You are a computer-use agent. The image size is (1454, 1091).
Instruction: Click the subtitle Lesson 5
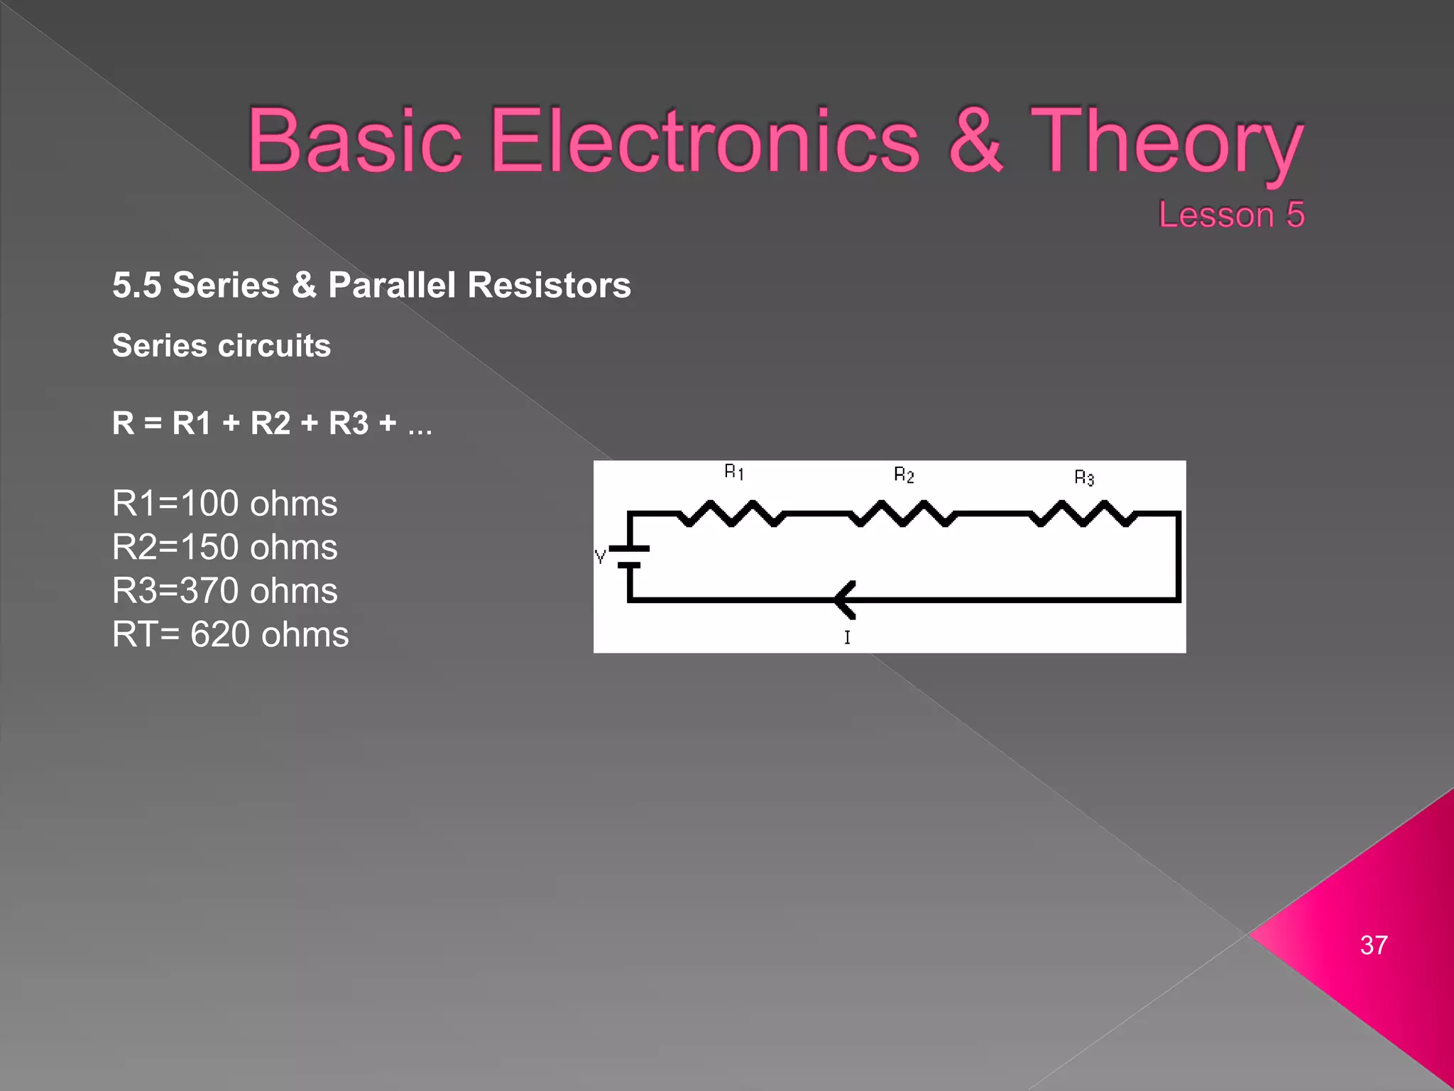[x=1231, y=215]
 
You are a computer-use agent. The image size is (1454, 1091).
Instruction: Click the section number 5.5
[x=136, y=286]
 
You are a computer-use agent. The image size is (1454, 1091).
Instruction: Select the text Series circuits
[x=221, y=346]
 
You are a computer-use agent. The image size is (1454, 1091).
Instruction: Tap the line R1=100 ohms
[x=224, y=504]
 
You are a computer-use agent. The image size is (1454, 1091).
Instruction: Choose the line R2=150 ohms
[x=224, y=547]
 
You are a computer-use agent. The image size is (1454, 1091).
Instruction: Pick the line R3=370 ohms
[x=224, y=591]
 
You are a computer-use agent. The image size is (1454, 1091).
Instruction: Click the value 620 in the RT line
[x=219, y=634]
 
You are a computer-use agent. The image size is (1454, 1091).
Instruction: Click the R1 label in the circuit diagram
[x=733, y=472]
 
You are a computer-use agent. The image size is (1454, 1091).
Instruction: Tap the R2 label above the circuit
[x=903, y=474]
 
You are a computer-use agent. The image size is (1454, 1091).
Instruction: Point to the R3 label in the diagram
[x=1083, y=477]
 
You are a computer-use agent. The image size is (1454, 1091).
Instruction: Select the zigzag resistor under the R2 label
[x=902, y=514]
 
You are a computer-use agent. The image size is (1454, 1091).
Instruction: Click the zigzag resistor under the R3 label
[x=1083, y=514]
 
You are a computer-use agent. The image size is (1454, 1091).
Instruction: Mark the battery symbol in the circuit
[x=629, y=557]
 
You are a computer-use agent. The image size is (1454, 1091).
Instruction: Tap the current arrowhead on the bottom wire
[x=845, y=599]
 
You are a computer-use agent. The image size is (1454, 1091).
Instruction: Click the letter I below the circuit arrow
[x=847, y=637]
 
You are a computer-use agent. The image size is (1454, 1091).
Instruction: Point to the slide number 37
[x=1373, y=945]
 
